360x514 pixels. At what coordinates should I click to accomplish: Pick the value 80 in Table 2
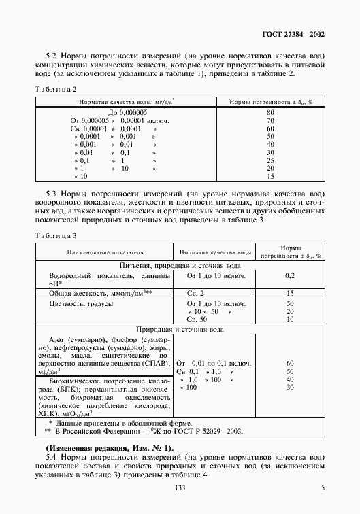tap(270, 112)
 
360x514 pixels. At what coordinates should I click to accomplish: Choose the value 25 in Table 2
tap(270, 160)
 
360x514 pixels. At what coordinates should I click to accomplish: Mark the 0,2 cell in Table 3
tap(290, 275)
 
